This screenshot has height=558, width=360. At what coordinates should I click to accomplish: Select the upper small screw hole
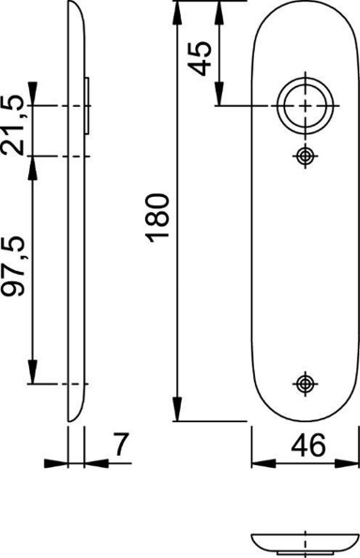pyautogui.click(x=303, y=156)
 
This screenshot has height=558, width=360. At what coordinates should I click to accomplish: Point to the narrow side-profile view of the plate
pyautogui.click(x=74, y=216)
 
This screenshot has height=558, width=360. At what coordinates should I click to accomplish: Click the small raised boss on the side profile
pyautogui.click(x=89, y=106)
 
